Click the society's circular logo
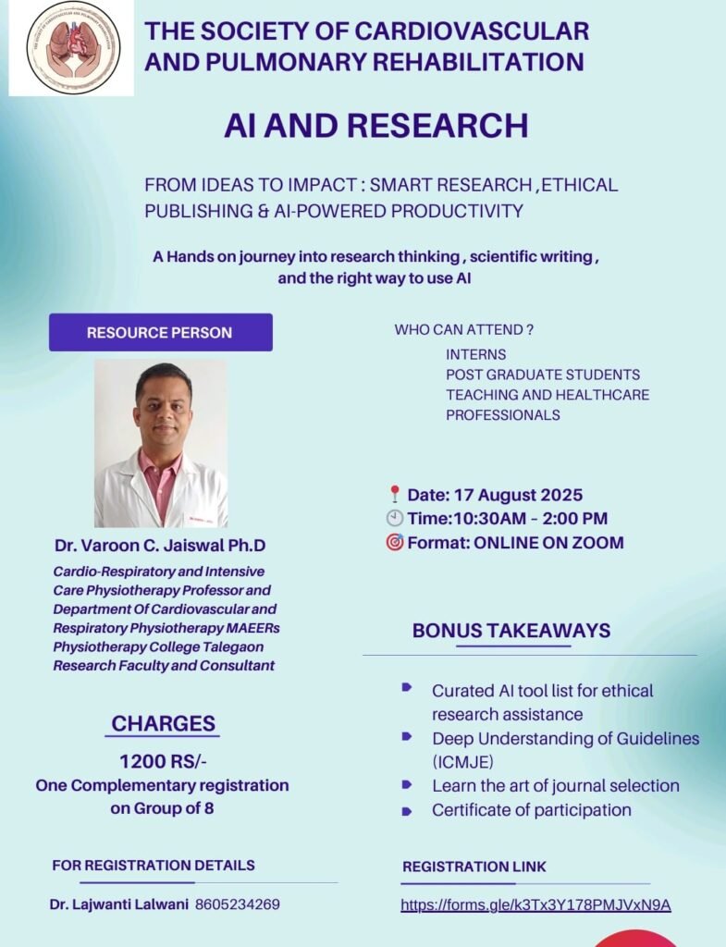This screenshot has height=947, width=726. point(73,47)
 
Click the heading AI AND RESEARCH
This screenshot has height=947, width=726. point(376,126)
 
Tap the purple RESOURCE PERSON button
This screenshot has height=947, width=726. point(161,332)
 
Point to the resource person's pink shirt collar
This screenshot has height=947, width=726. point(161,465)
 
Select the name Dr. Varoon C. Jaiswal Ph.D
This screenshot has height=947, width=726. point(160,546)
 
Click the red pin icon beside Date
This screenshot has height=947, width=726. point(394,495)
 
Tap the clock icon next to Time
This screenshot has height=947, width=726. point(394,518)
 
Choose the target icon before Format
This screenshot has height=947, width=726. point(394,542)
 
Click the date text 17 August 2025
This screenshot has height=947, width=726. point(518,495)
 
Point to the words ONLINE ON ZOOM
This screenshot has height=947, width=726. point(548,542)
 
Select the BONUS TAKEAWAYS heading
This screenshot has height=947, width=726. point(511,631)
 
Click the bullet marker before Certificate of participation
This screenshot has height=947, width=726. point(407,811)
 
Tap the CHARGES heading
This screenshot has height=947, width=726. point(163,723)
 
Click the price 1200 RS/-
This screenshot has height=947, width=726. point(163,761)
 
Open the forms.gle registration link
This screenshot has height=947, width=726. point(535,904)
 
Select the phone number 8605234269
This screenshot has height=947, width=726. point(238,904)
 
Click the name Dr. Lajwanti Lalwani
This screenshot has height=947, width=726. point(119,904)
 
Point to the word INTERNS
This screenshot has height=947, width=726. point(476,354)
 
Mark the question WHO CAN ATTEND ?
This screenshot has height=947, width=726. point(464,330)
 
